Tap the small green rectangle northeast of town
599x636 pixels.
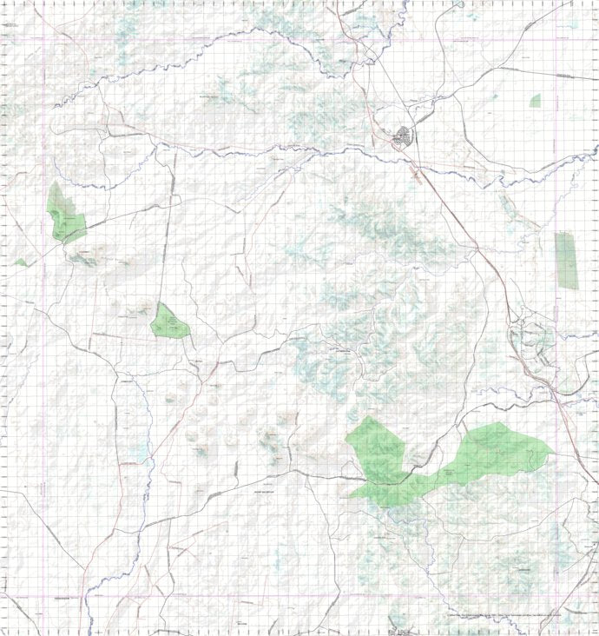click(x=535, y=101)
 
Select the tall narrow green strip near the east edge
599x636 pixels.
click(x=566, y=261)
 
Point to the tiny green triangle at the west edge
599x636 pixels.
click(x=20, y=262)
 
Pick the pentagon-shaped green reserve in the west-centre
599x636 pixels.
click(x=168, y=322)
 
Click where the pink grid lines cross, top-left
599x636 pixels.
click(x=44, y=41)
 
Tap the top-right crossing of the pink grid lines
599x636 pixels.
click(x=556, y=41)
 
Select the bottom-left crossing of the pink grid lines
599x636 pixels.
click(x=44, y=596)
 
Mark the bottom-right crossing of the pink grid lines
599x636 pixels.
click(x=556, y=596)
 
